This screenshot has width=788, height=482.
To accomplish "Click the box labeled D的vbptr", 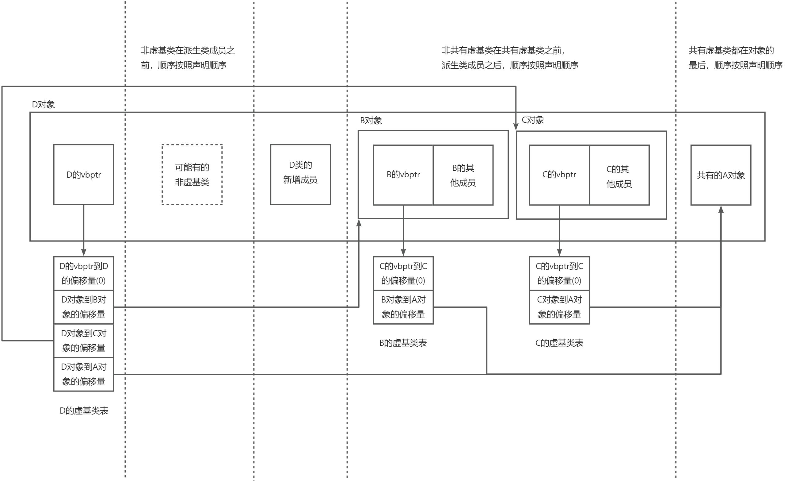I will pos(83,175).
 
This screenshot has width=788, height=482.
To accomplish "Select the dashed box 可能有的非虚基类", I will pos(192,175).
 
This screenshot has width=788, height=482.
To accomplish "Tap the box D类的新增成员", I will pos(300,175).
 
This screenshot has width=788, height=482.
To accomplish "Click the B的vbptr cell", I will pos(403,175).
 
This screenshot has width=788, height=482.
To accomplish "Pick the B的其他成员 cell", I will pos(463,175).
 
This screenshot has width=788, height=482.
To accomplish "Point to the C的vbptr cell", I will pos(559,175).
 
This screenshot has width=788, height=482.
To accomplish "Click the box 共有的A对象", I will pos(721,175).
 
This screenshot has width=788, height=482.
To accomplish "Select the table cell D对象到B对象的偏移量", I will pos(83,307).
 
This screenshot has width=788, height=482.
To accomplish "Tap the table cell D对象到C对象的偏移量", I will pos(83,341).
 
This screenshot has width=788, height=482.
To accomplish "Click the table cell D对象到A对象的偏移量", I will pos(83,374).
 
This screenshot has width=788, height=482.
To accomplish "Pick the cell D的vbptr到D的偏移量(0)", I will pos(83,273).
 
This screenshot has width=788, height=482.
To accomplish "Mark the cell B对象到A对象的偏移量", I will pos(403,307).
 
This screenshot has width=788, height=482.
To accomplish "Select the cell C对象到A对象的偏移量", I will pos(559,307).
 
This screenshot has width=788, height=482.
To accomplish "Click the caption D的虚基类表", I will pos(84,411).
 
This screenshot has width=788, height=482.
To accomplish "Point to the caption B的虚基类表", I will pos(403,343).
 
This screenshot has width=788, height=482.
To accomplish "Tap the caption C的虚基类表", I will pos(559,343).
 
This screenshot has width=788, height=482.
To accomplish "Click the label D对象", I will pos(43,105).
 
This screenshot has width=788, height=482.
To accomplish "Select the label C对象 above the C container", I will pos(533,120).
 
